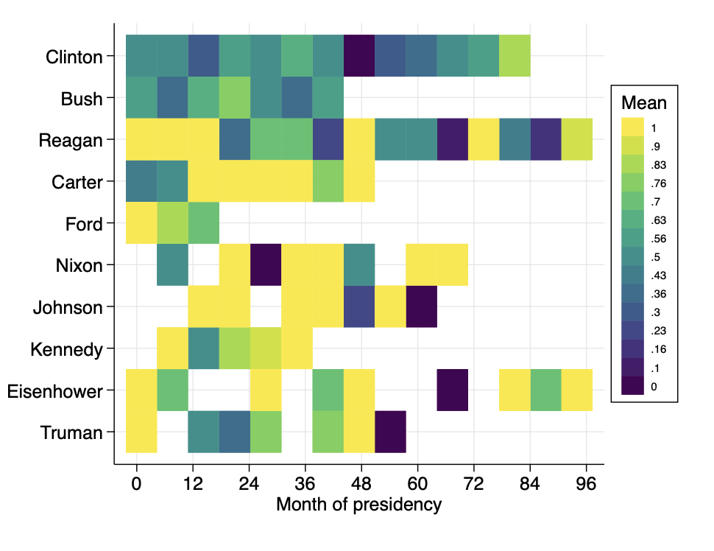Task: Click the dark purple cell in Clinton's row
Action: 359,55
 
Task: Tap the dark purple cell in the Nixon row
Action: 266,265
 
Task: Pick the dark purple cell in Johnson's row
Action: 421,306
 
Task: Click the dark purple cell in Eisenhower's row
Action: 452,390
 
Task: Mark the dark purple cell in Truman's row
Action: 390,432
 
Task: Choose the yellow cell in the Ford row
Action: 141,223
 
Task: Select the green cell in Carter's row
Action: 328,181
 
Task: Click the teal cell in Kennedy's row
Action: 204,348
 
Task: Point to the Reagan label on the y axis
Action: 71,140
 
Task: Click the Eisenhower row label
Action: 55,391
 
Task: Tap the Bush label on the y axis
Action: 82,98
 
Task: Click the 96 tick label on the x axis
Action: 586,485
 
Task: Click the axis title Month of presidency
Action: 358,505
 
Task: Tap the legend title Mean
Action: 643,102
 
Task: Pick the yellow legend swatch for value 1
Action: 632,127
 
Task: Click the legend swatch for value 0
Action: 632,385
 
